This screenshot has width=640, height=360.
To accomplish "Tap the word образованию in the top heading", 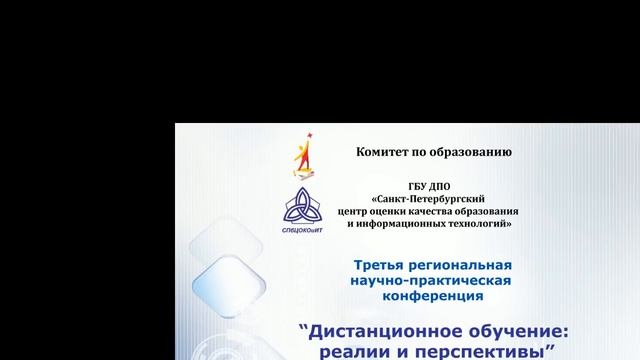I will (470, 152).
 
